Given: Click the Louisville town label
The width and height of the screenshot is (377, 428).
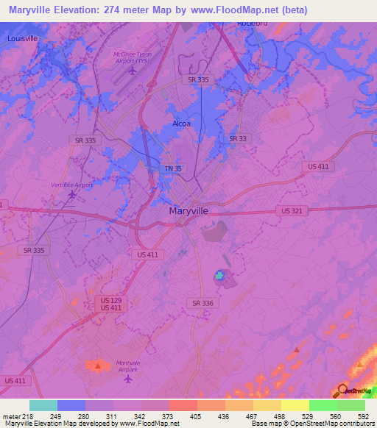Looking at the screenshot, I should (x=22, y=38).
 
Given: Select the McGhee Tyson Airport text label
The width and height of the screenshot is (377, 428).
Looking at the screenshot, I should (x=132, y=58).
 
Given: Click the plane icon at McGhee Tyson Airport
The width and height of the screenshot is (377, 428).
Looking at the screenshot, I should (x=132, y=71).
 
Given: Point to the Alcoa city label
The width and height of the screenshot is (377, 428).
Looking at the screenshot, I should (x=181, y=124).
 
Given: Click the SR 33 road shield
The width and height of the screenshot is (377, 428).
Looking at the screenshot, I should (x=237, y=138).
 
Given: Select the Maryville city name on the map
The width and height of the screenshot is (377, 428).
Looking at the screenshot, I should (x=188, y=210).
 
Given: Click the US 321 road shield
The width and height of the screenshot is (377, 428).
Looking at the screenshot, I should (x=291, y=210).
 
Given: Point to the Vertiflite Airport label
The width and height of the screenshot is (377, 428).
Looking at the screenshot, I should (x=72, y=185).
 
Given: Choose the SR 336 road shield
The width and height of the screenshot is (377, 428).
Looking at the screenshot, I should (x=202, y=303).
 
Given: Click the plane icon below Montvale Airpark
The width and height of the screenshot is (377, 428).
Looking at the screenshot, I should (x=129, y=379).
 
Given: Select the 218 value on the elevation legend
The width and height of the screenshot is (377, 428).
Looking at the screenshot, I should (x=21, y=417).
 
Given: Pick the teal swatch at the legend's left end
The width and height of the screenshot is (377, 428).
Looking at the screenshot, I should (x=43, y=405).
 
